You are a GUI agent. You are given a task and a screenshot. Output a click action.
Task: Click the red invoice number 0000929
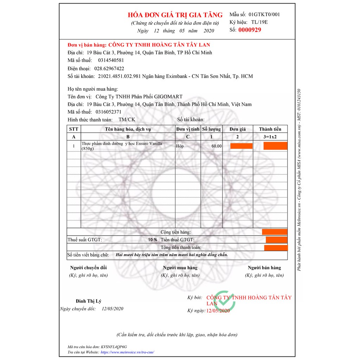[x=250, y=30]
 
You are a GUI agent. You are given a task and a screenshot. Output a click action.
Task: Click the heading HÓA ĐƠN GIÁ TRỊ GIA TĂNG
[x=175, y=15]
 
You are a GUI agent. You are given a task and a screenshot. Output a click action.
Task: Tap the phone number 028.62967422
[x=109, y=68]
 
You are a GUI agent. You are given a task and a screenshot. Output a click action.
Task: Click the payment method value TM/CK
[x=127, y=120]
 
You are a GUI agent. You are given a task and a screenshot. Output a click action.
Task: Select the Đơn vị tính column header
[x=188, y=129]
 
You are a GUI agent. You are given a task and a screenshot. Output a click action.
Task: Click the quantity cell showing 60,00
[x=216, y=146]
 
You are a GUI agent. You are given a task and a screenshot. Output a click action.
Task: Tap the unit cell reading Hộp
[x=180, y=145]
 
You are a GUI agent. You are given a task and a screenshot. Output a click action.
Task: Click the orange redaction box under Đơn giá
[x=241, y=146]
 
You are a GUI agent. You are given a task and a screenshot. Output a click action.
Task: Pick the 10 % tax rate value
[x=153, y=239]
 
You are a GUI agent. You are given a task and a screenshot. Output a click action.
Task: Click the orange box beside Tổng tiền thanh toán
[x=276, y=248]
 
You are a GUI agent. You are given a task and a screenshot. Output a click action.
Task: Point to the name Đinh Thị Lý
[x=89, y=301]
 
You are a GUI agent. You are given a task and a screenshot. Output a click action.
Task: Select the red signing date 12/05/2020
[x=218, y=311]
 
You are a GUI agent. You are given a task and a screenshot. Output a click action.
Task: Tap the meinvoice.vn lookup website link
[x=128, y=352]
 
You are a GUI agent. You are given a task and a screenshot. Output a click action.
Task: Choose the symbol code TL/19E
[x=259, y=22]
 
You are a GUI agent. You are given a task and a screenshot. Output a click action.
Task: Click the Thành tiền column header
[x=270, y=129]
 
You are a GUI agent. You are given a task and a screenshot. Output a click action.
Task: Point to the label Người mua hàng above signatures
[x=180, y=268]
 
